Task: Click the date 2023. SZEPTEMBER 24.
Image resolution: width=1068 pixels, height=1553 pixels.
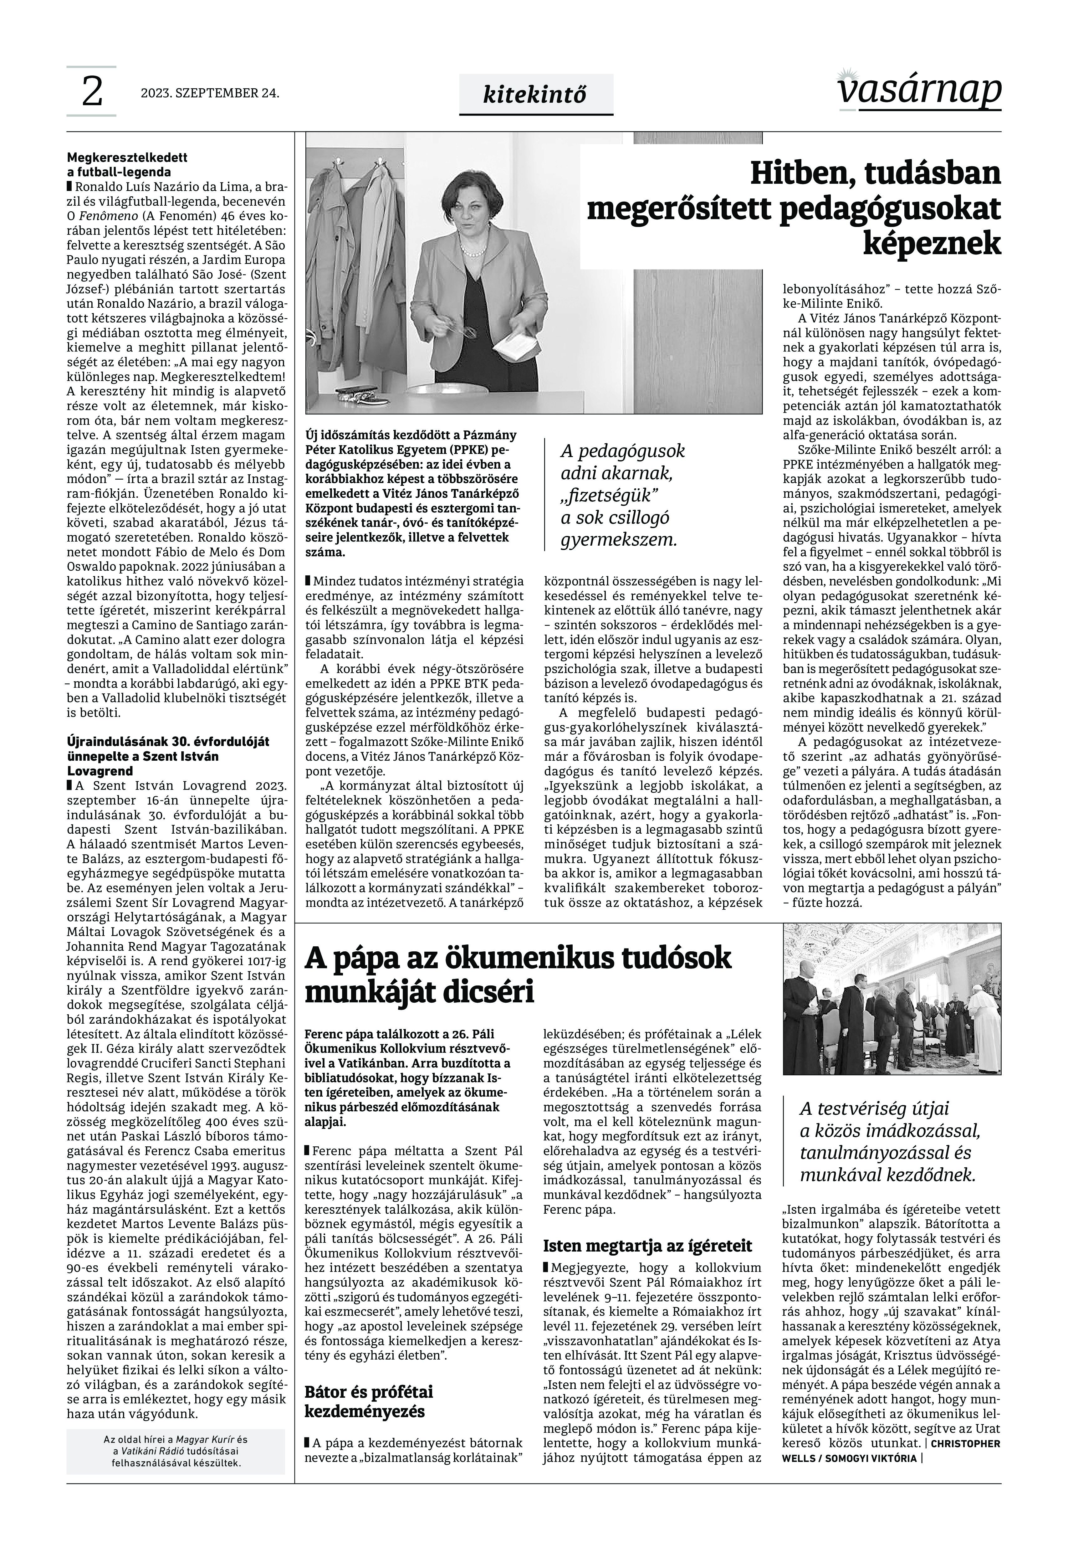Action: (x=209, y=93)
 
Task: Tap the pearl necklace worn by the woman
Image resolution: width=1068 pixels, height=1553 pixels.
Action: (x=473, y=253)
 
